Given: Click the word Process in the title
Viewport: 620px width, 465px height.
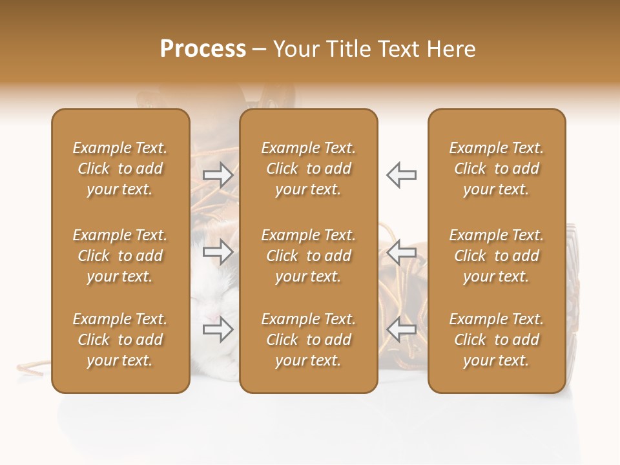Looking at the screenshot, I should pyautogui.click(x=203, y=49).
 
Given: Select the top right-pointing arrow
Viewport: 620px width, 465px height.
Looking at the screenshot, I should pyautogui.click(x=218, y=174).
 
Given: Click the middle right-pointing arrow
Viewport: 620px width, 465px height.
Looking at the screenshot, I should pyautogui.click(x=218, y=252).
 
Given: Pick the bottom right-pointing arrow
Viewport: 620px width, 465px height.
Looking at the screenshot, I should pyautogui.click(x=218, y=329).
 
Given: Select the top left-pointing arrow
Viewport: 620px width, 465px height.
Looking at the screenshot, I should pyautogui.click(x=401, y=174).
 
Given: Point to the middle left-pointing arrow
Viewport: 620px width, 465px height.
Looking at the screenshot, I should pyautogui.click(x=401, y=252).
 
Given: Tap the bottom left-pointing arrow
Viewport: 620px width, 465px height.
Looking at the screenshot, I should pyautogui.click(x=401, y=329).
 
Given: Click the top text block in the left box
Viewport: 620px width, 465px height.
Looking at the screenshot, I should pyautogui.click(x=120, y=169).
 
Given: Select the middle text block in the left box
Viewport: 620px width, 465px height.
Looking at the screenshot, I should pyautogui.click(x=120, y=256).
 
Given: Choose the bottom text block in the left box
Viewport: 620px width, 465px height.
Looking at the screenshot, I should pyautogui.click(x=120, y=340).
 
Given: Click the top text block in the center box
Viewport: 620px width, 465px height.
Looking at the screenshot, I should pyautogui.click(x=308, y=169).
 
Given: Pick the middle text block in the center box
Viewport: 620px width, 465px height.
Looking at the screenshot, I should pyautogui.click(x=308, y=256).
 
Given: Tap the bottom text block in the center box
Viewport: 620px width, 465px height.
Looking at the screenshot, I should pyautogui.click(x=308, y=340).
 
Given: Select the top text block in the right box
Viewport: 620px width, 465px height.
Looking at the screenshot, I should pyautogui.click(x=496, y=169).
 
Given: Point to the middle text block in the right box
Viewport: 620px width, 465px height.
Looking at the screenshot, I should pyautogui.click(x=496, y=256).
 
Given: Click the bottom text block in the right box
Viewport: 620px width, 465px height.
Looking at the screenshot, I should pyautogui.click(x=496, y=340).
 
